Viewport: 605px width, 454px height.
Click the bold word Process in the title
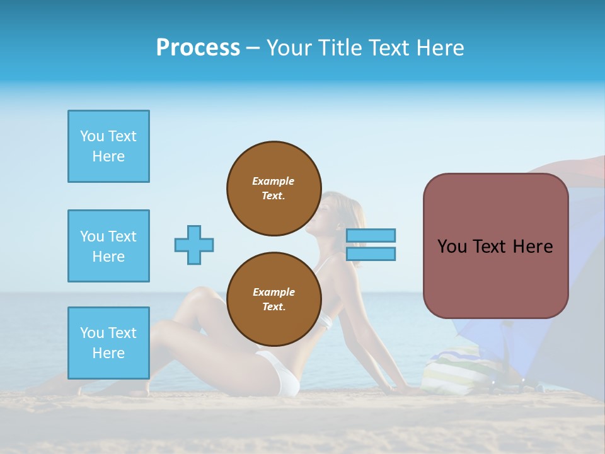[198, 48]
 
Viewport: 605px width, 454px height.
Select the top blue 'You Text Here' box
[108, 146]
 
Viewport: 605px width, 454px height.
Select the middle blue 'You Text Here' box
[108, 246]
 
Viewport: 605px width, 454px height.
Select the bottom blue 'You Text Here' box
[108, 342]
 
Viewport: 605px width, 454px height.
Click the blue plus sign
[194, 245]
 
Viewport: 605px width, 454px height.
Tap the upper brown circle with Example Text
[274, 189]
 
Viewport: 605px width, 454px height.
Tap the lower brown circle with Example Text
[274, 300]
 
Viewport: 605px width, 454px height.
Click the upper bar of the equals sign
[371, 235]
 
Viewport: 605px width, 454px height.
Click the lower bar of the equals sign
[371, 253]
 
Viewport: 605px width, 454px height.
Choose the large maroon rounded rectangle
[495, 246]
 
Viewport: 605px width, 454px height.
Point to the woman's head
[337, 211]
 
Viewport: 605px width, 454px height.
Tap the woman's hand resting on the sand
[410, 390]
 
